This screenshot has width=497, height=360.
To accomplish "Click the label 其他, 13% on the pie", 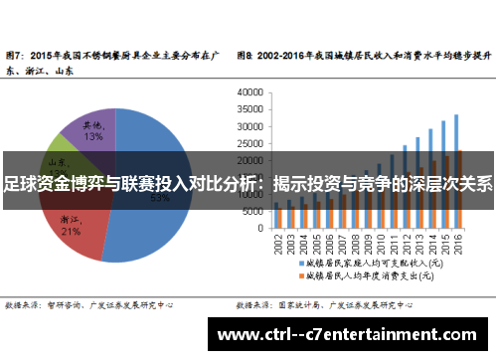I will click(92, 130).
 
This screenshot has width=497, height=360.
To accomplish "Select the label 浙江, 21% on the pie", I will click(71, 225).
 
